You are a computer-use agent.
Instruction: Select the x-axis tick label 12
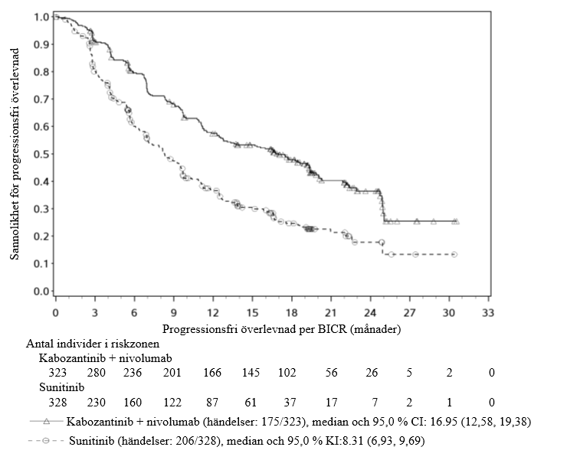[x=213, y=315]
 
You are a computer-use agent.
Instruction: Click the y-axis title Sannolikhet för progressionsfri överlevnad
[x=15, y=153]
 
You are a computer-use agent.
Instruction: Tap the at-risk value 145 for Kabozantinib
[x=252, y=373]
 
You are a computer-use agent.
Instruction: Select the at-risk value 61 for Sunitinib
[x=252, y=403]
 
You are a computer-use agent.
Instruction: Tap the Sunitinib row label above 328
[x=63, y=388]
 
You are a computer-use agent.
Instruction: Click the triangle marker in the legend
[x=47, y=421]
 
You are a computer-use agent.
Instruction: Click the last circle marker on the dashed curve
[x=454, y=254]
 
